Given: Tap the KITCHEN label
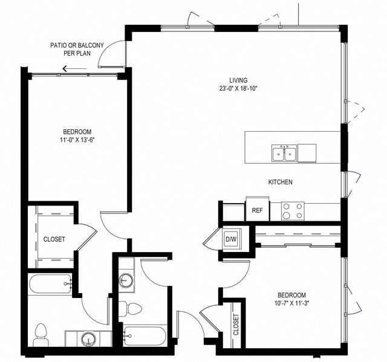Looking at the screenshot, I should [281, 182].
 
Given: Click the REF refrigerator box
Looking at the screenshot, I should [256, 210].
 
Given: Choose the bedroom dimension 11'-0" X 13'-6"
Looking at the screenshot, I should [77, 141].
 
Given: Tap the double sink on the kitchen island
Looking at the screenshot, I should [284, 154].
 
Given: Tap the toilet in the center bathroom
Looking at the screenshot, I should [129, 309].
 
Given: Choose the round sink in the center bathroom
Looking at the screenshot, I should [126, 280].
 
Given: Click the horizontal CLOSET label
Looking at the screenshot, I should [54, 239].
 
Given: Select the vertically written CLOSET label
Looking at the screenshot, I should [236, 325].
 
